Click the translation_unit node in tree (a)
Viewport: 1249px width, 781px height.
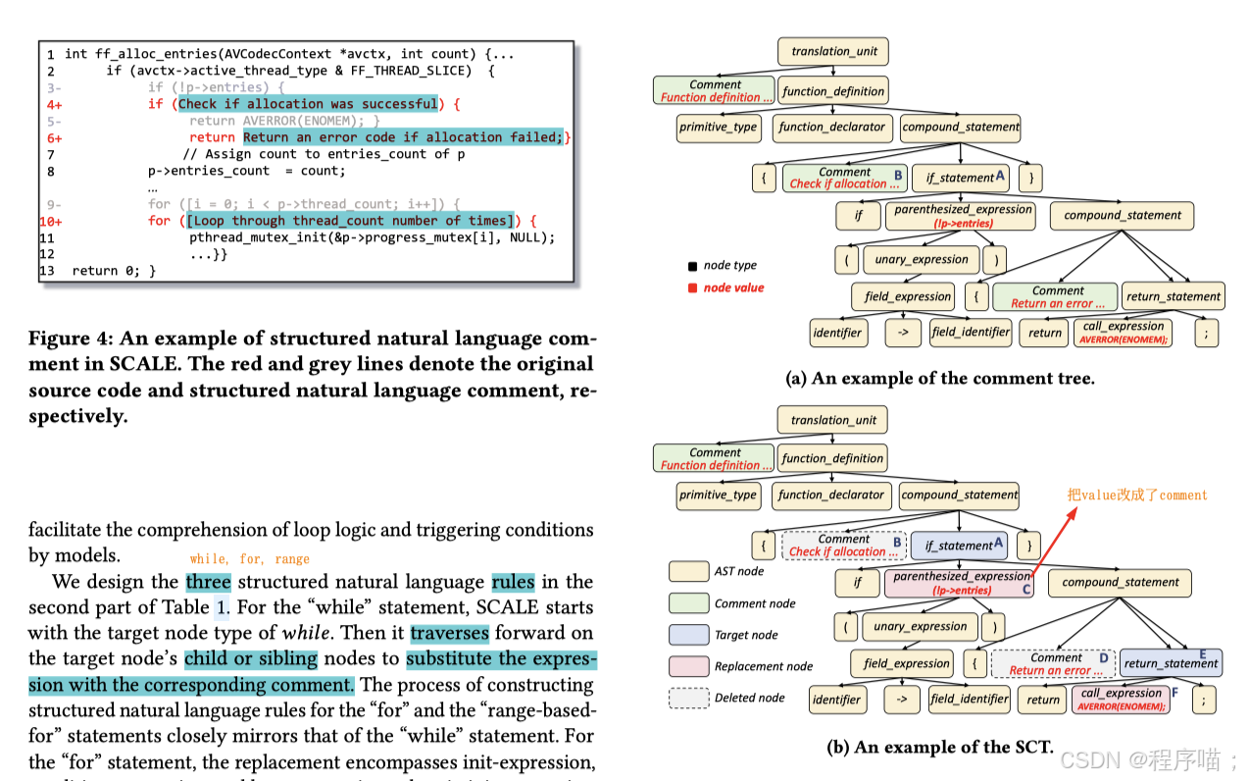[834, 51]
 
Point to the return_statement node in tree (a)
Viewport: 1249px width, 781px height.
[1174, 296]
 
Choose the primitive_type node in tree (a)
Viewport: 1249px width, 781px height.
[718, 128]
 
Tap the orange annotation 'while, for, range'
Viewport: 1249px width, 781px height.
[249, 559]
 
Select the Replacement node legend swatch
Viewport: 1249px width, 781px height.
[688, 666]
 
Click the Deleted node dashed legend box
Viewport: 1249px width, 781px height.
[688, 698]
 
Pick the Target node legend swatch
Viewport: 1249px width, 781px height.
[688, 635]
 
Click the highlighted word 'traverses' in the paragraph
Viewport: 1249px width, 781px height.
[449, 633]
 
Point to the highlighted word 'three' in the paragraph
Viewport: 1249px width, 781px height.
[208, 582]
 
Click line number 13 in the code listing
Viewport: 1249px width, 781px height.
[47, 271]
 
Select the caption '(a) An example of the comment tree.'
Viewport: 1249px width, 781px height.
[939, 378]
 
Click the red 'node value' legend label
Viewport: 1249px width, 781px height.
[733, 287]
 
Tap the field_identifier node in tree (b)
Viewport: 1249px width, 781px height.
[970, 700]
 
